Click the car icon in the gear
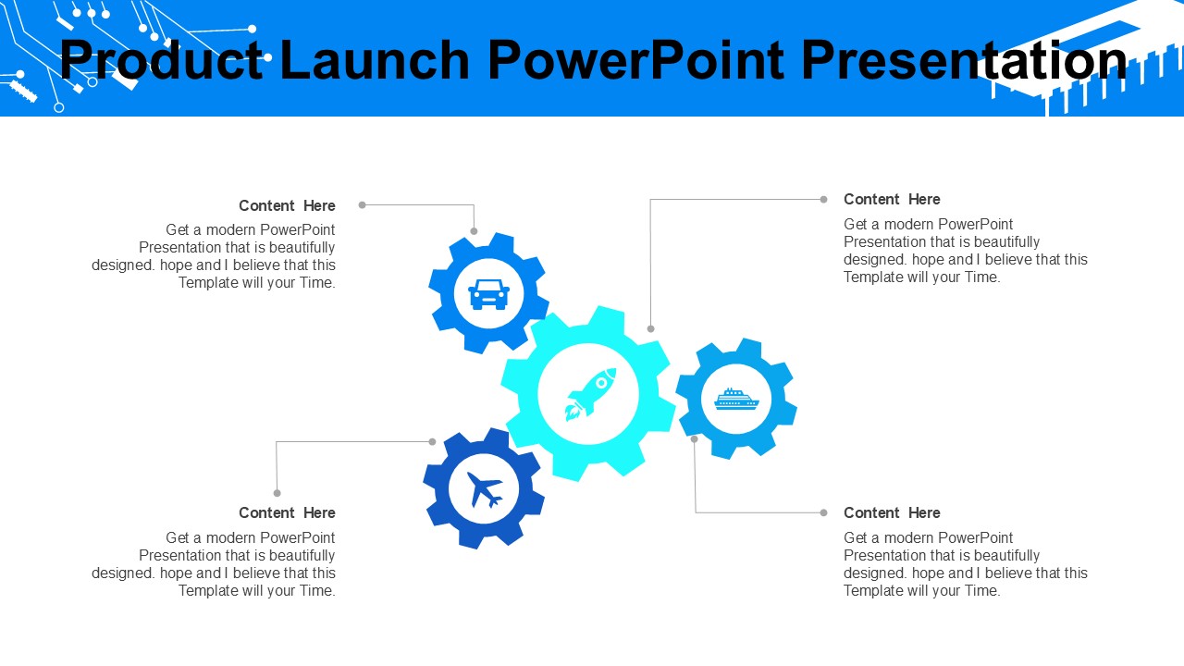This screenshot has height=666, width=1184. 489,294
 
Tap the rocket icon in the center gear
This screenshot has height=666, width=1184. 591,394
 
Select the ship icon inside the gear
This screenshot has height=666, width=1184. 736,399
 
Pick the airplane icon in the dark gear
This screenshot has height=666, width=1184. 485,489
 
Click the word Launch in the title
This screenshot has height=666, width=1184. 375,61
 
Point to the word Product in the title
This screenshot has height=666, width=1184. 161,61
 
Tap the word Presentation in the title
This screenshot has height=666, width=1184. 964,61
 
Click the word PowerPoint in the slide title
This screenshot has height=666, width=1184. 635,61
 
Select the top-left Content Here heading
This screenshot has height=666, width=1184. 287,205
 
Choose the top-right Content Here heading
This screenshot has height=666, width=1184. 892,199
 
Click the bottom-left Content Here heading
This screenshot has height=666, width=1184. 287,512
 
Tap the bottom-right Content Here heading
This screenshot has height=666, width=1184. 892,512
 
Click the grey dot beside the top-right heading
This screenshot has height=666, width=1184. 823,199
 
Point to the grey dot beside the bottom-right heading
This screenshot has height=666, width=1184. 823,512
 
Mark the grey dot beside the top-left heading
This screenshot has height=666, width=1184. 362,205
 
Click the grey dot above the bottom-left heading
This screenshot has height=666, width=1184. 277,493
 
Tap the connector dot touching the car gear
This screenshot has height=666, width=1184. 474,231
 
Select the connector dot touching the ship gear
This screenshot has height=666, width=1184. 695,438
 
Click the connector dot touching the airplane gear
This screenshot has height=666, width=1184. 432,442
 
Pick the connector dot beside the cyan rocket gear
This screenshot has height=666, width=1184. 650,328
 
